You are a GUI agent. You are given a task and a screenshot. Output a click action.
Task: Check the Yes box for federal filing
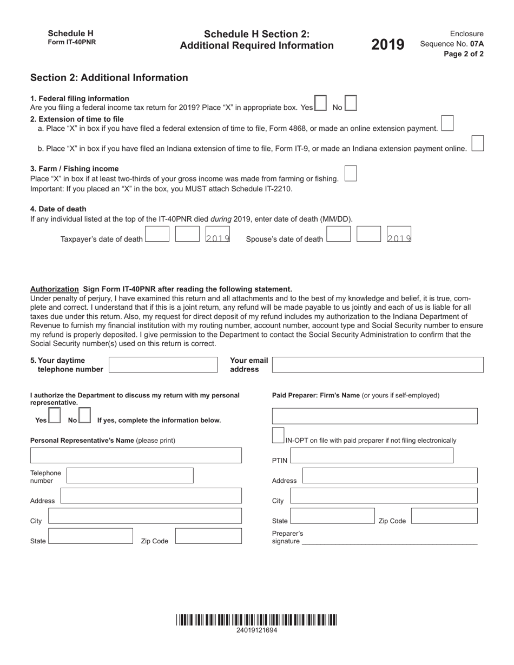(x=320, y=103)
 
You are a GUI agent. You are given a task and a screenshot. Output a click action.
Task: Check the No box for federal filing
(x=351, y=103)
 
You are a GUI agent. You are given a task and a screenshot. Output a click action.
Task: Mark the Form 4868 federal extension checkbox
(x=447, y=123)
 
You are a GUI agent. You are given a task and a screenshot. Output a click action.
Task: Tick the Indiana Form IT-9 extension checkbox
(x=477, y=143)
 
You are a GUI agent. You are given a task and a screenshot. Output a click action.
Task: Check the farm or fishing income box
(x=351, y=174)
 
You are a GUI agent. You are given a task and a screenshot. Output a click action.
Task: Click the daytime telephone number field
(x=163, y=365)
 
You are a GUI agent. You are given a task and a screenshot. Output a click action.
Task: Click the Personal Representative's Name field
(x=136, y=456)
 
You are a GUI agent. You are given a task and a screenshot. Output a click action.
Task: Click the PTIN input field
(x=372, y=456)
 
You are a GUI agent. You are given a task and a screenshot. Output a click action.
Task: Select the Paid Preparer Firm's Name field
(x=375, y=416)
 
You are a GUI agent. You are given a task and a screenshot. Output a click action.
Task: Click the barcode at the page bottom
(x=256, y=620)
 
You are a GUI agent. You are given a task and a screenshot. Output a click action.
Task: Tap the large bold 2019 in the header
(x=387, y=45)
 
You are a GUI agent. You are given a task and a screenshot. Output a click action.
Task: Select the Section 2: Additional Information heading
(x=109, y=78)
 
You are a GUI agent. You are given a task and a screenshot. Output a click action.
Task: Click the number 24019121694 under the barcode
(x=256, y=630)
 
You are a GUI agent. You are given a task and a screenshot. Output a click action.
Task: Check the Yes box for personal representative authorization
(x=54, y=415)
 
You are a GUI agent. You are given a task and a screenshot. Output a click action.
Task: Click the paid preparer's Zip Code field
(x=444, y=516)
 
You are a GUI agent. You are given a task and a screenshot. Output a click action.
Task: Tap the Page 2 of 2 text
(x=464, y=54)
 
